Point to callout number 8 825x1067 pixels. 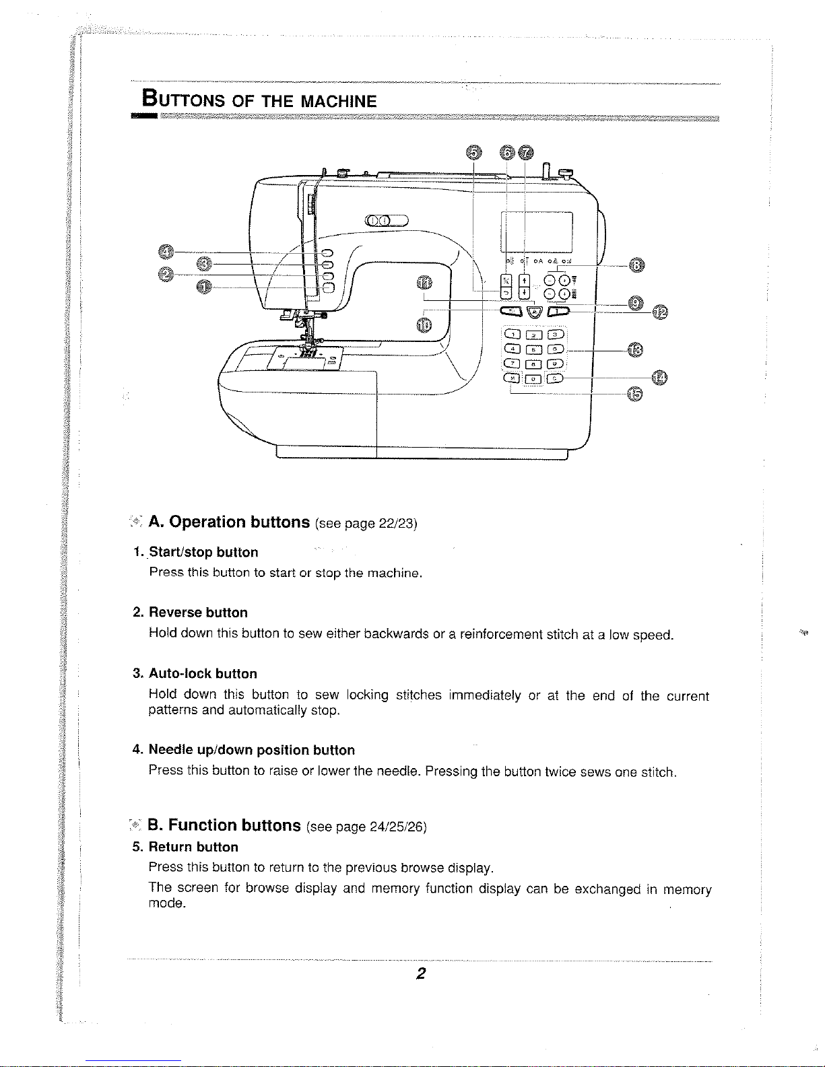(x=635, y=265)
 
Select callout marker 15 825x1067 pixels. (x=634, y=394)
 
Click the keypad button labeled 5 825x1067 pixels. (x=533, y=349)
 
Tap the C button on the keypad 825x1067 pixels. (x=555, y=378)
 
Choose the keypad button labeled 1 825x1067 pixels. (x=513, y=335)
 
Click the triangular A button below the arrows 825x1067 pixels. (x=534, y=311)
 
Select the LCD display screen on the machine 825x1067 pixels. (x=537, y=232)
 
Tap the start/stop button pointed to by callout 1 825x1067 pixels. (x=329, y=287)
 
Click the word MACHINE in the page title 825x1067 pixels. (x=338, y=102)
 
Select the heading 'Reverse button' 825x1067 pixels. (x=198, y=613)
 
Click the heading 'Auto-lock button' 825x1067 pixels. (x=203, y=674)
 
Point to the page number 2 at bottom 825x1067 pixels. (x=420, y=973)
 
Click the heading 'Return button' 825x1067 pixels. (x=193, y=847)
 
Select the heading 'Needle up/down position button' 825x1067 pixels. (x=251, y=750)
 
